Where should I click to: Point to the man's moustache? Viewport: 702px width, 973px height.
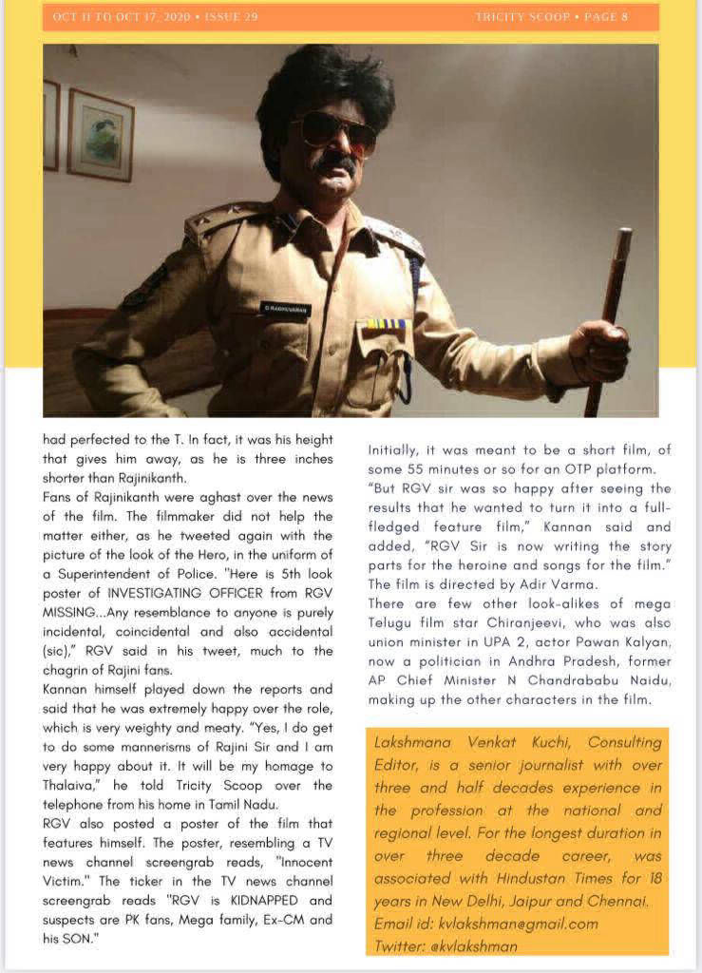pos(335,164)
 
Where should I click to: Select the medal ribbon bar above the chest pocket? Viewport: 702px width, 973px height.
pos(387,324)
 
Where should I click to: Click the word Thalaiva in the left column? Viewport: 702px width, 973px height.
pos(75,786)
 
